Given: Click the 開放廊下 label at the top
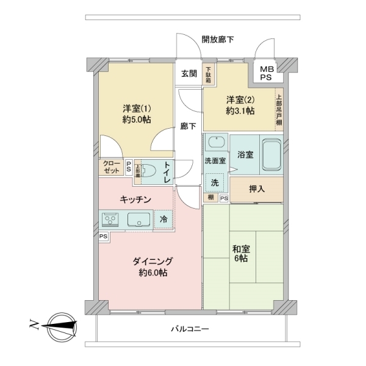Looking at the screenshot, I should point(218,40).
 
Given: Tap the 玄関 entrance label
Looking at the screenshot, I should point(188,74).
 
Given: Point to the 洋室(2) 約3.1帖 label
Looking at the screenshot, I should point(240,105).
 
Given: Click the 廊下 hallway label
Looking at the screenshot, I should point(188,126).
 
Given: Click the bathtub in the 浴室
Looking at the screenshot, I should point(270,155).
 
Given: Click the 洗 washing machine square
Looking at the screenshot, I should point(214,182).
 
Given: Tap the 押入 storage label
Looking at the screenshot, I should point(257,189).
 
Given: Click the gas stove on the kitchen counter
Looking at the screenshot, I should point(110,218).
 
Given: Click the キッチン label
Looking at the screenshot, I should point(135,200).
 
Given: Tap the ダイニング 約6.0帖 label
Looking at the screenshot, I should point(150,267).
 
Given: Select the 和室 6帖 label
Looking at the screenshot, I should point(239,254).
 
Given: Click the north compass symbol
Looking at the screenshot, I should point(61,325).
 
